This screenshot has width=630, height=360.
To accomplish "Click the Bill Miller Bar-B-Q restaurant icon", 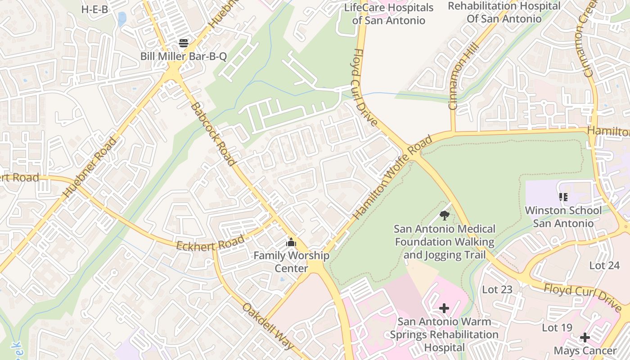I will point(184,43).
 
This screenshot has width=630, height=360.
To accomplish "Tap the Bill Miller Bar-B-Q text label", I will point(184,57).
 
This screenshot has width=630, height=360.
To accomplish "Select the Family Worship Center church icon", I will point(291,243).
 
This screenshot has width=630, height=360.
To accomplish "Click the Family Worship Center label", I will point(291,262).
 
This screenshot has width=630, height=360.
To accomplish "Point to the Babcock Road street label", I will point(213,134).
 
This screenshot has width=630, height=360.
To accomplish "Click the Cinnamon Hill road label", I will point(460,85).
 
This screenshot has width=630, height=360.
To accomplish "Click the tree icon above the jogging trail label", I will point(445,216).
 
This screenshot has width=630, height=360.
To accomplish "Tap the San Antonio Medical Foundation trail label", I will point(445,242).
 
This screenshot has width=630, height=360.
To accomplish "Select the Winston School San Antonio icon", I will point(563,197).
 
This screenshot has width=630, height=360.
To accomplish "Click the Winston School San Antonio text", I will point(563,217).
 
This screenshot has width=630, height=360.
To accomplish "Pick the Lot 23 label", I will point(497,290).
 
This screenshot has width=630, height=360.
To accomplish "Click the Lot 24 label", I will point(604,265).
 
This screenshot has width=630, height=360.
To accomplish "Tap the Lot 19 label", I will point(557,328).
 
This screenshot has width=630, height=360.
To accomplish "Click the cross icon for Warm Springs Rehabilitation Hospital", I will point(444,308).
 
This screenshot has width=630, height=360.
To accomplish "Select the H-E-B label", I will point(94,9).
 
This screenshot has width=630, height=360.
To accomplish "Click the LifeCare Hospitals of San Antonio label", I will point(388,14).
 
